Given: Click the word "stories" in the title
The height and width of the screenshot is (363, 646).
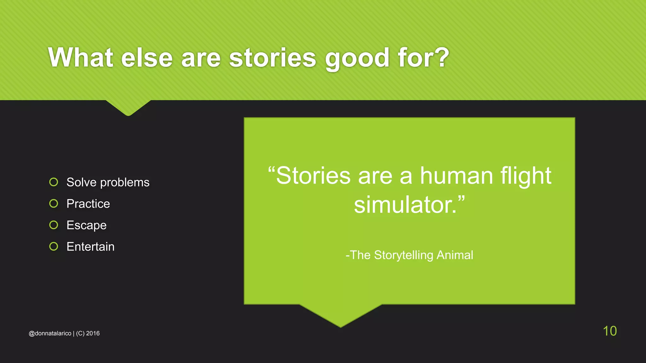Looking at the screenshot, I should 272,58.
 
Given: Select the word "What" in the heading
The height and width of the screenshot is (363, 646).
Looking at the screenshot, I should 81,58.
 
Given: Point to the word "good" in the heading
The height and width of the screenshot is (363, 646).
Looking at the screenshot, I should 357,58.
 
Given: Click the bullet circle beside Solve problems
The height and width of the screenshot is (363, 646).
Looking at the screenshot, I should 54,182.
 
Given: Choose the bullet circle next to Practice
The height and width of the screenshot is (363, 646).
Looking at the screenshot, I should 54,204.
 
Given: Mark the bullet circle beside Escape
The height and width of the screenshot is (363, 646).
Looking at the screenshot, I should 54,225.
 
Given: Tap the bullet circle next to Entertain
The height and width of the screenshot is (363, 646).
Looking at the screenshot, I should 54,246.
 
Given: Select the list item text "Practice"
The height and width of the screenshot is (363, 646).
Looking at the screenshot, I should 88,204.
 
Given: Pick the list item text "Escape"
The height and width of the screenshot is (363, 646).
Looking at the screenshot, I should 86,226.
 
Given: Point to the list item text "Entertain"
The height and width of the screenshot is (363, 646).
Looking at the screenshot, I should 91,247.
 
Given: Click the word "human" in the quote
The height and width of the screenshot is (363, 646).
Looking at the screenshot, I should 456,176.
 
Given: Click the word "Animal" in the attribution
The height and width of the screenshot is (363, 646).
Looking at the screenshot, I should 455,255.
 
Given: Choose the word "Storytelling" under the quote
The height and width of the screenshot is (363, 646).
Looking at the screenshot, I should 403,255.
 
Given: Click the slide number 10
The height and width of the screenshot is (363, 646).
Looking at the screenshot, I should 610,331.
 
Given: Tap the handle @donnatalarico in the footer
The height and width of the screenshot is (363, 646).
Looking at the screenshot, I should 50,333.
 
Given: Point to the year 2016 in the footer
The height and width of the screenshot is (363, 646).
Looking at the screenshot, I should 93,333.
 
